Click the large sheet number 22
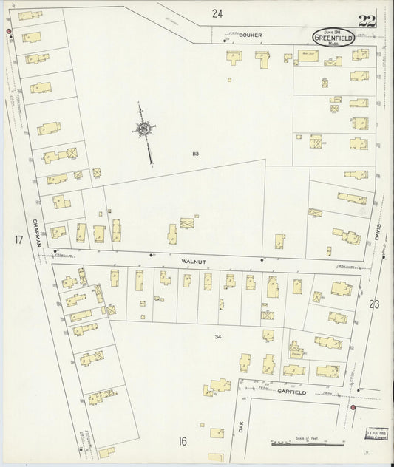point(366,20)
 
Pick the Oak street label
point(241,426)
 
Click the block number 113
point(195,154)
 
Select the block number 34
point(218,337)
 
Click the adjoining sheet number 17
point(18,239)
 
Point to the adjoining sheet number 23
point(374,303)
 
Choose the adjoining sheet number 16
point(181,441)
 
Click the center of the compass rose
point(142,130)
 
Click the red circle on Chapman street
point(9,32)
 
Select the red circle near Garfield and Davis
point(353,407)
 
